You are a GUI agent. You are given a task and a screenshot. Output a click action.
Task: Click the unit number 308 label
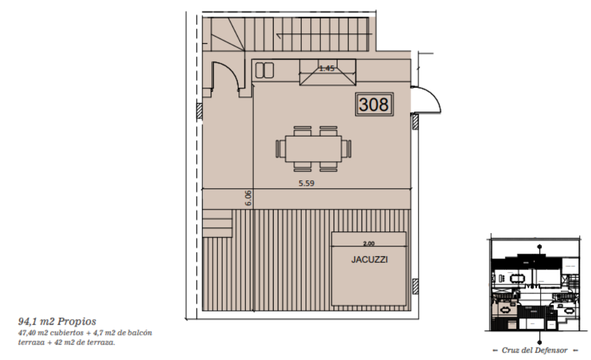pos(374,104)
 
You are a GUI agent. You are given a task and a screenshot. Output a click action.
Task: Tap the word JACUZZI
pos(369,259)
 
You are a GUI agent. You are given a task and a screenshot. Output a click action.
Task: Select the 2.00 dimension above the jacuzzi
pos(369,244)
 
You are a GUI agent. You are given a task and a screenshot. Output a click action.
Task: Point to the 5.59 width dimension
pos(307,183)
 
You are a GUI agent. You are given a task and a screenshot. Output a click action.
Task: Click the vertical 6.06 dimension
pos(248,198)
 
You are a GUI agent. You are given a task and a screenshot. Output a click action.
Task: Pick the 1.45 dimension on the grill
pos(326,68)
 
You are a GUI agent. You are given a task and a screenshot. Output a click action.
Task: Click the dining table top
pos(313,149)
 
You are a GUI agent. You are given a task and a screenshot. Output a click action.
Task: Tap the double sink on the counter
pos(264,71)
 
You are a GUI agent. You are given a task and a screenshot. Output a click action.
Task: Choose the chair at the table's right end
pos(346,149)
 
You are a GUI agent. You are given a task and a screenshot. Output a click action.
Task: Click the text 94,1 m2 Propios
pos(57,321)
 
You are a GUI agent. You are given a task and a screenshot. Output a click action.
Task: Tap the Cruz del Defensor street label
pos(535,350)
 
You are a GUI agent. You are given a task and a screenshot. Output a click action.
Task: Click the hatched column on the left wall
pos(199,111)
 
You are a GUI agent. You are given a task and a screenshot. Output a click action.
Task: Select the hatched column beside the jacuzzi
pos(416,286)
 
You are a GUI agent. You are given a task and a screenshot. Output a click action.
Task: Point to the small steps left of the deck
pos(217,223)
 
